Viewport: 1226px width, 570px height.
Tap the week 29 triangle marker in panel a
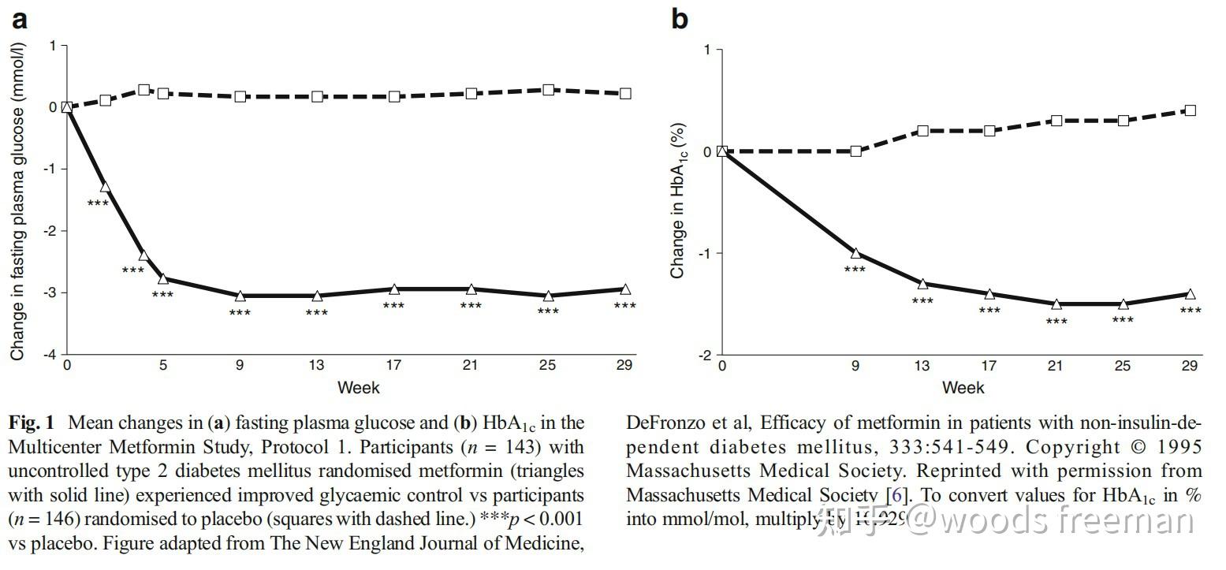625,289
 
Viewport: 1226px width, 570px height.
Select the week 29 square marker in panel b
1190,110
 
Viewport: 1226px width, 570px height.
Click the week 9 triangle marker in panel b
855,253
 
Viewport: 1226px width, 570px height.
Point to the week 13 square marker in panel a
317,96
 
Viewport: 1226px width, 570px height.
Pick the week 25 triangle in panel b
1123,304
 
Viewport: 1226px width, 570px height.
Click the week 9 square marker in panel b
855,151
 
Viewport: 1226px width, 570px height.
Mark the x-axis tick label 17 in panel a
393,365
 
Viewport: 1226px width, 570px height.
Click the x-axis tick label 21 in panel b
1056,366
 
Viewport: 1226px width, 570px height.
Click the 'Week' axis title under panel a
358,387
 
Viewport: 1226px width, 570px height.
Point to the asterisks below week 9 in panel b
855,270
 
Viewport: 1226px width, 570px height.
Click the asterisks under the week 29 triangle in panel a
624,307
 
